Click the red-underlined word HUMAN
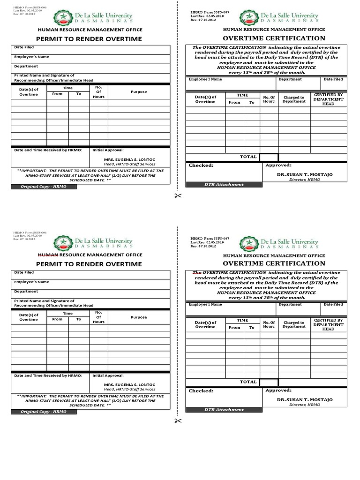(x=48, y=255)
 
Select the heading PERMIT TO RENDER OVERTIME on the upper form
(x=89, y=39)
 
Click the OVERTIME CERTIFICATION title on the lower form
(x=274, y=263)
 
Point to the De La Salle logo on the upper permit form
(x=62, y=18)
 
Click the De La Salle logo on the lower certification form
(x=248, y=243)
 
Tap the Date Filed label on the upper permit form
(x=24, y=47)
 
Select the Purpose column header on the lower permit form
(x=139, y=317)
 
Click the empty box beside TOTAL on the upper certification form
(x=269, y=157)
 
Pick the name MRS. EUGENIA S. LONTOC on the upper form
(x=129, y=159)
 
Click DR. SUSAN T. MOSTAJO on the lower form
(x=304, y=400)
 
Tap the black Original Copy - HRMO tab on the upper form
(x=44, y=187)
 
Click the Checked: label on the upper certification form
(x=201, y=165)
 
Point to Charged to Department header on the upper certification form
(x=294, y=99)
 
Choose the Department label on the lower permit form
(x=26, y=291)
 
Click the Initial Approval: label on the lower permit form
(x=108, y=375)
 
